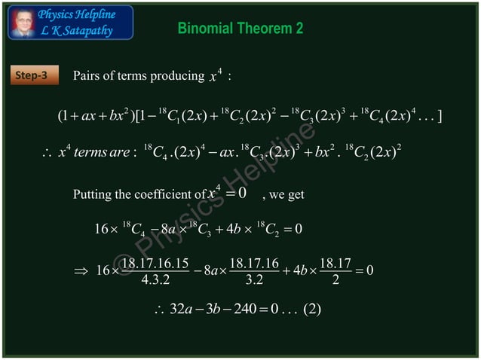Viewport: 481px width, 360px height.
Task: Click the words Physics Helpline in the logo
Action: point(77,14)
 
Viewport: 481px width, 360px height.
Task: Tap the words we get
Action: point(287,195)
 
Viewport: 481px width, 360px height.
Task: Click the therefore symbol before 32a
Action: point(158,310)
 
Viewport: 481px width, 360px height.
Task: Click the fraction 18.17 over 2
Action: point(333,272)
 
